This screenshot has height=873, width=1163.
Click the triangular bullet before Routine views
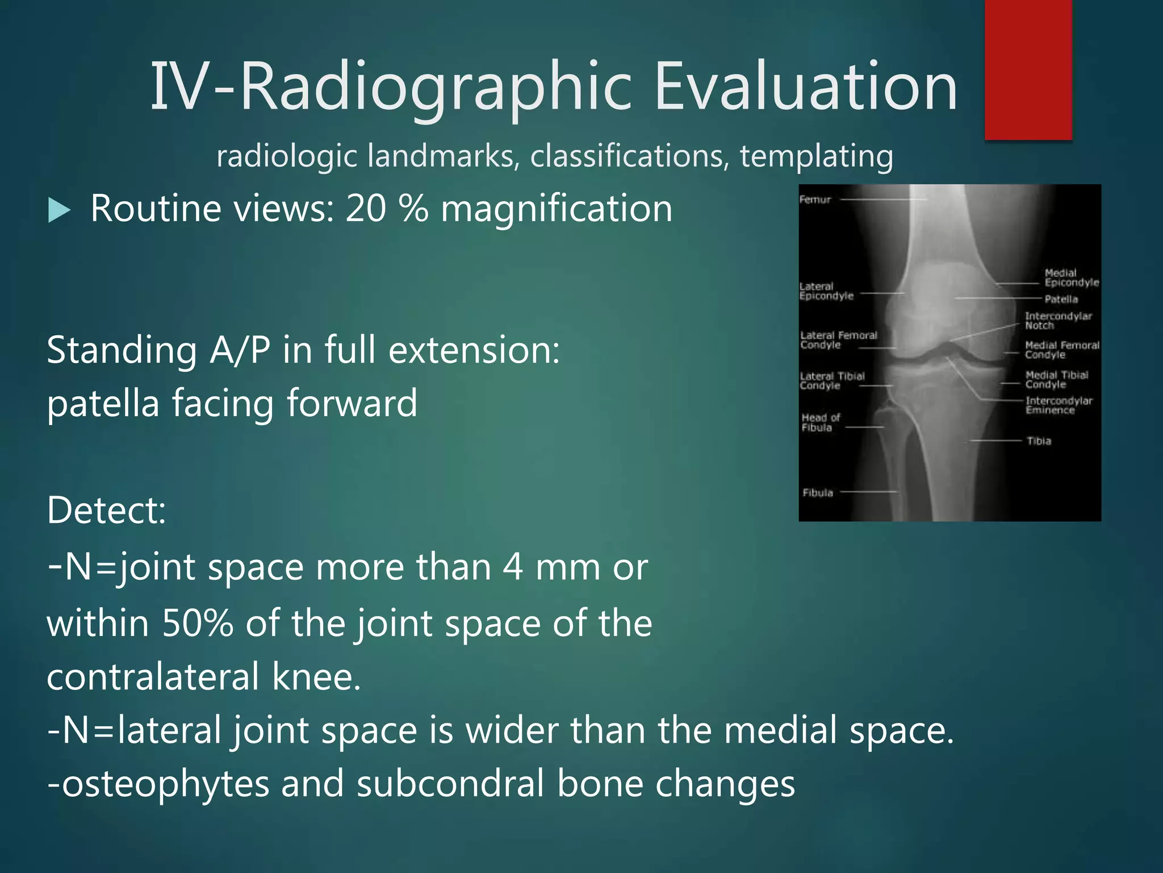[x=59, y=210]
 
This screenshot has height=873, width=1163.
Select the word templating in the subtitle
[x=816, y=156]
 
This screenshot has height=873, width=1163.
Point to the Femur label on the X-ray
[x=815, y=199]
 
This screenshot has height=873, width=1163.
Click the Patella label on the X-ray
[x=1061, y=299]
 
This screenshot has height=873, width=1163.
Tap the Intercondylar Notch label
[x=1058, y=321]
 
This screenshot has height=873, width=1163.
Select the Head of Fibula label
[x=821, y=422]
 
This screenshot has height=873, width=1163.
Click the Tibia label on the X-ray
[x=1039, y=441]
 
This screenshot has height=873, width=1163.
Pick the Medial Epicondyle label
[x=1071, y=277]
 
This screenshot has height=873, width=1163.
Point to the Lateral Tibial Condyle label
[x=831, y=381]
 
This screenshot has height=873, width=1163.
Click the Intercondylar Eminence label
[x=1058, y=405]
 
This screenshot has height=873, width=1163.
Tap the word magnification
[x=557, y=208]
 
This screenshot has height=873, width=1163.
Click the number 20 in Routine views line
[x=366, y=208]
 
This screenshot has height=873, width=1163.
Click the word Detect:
[x=106, y=510]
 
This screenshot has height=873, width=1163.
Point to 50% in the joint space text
[x=197, y=623]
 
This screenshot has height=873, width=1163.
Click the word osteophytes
[x=165, y=784]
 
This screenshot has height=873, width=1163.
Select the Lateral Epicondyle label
[x=826, y=291]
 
